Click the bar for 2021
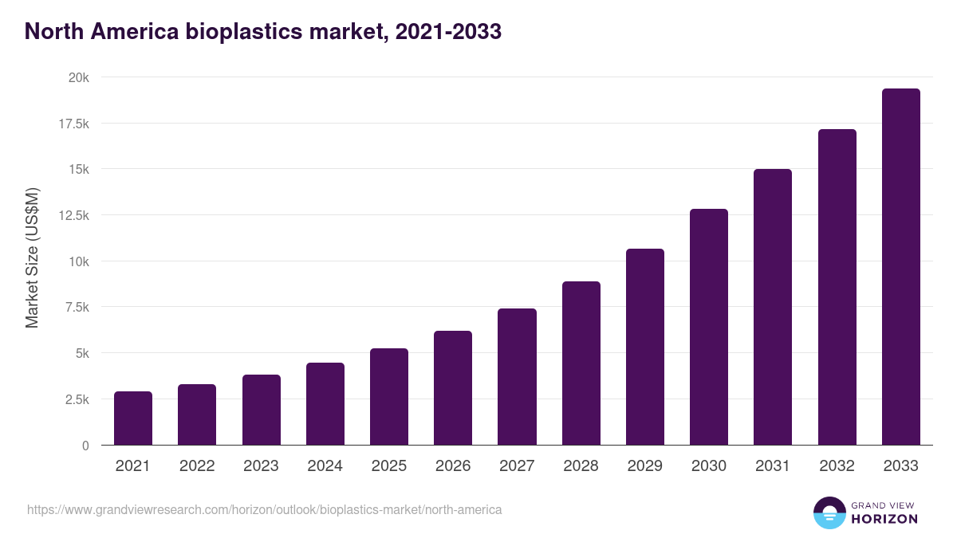pyautogui.click(x=133, y=418)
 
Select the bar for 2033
pyautogui.click(x=900, y=267)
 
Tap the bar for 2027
pyautogui.click(x=517, y=377)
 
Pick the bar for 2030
pyautogui.click(x=709, y=327)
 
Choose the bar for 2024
pyautogui.click(x=325, y=404)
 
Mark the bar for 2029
pyautogui.click(x=645, y=347)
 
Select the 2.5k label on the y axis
pyautogui.click(x=76, y=399)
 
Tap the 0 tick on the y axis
pyautogui.click(x=85, y=446)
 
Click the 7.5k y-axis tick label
pyautogui.click(x=76, y=308)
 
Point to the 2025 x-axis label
pyautogui.click(x=389, y=466)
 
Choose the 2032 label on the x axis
pyautogui.click(x=837, y=466)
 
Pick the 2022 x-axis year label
pyautogui.click(x=197, y=466)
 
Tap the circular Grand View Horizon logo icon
pyautogui.click(x=829, y=512)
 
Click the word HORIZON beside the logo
pyautogui.click(x=884, y=519)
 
